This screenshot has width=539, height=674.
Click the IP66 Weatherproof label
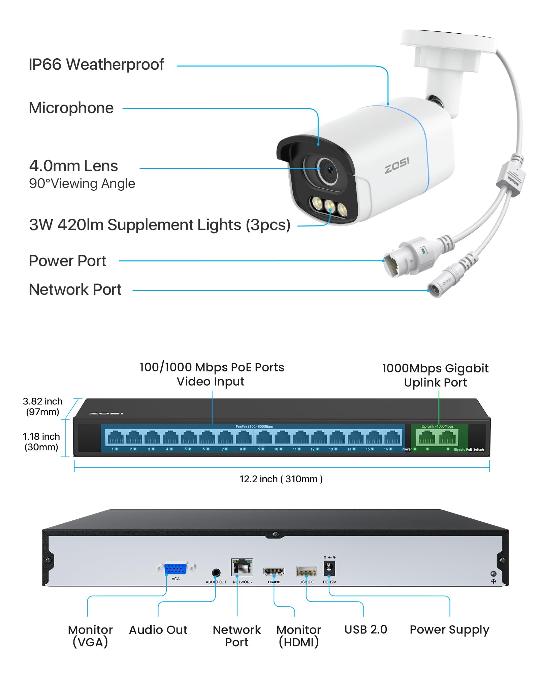[x=96, y=64]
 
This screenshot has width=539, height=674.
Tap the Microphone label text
[x=71, y=108]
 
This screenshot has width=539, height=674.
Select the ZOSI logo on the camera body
[x=397, y=165]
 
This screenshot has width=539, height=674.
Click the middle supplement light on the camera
[x=329, y=205]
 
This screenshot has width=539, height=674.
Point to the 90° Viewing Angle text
[x=82, y=184]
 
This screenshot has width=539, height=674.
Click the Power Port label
[x=67, y=261]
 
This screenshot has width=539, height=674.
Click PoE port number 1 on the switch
[x=116, y=437]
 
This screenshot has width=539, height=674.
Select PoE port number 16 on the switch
[x=392, y=437]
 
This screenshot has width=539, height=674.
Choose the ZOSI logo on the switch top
[x=106, y=413]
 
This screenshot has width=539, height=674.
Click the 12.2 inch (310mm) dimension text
[x=281, y=479]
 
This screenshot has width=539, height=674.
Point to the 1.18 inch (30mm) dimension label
[x=41, y=441]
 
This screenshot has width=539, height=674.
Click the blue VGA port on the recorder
[x=176, y=569]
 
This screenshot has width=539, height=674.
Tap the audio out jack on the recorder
[x=216, y=573]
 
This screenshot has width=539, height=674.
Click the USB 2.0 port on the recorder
[x=306, y=571]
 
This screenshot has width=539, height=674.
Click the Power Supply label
[x=449, y=630]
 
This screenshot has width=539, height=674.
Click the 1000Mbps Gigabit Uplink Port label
[x=435, y=375]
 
